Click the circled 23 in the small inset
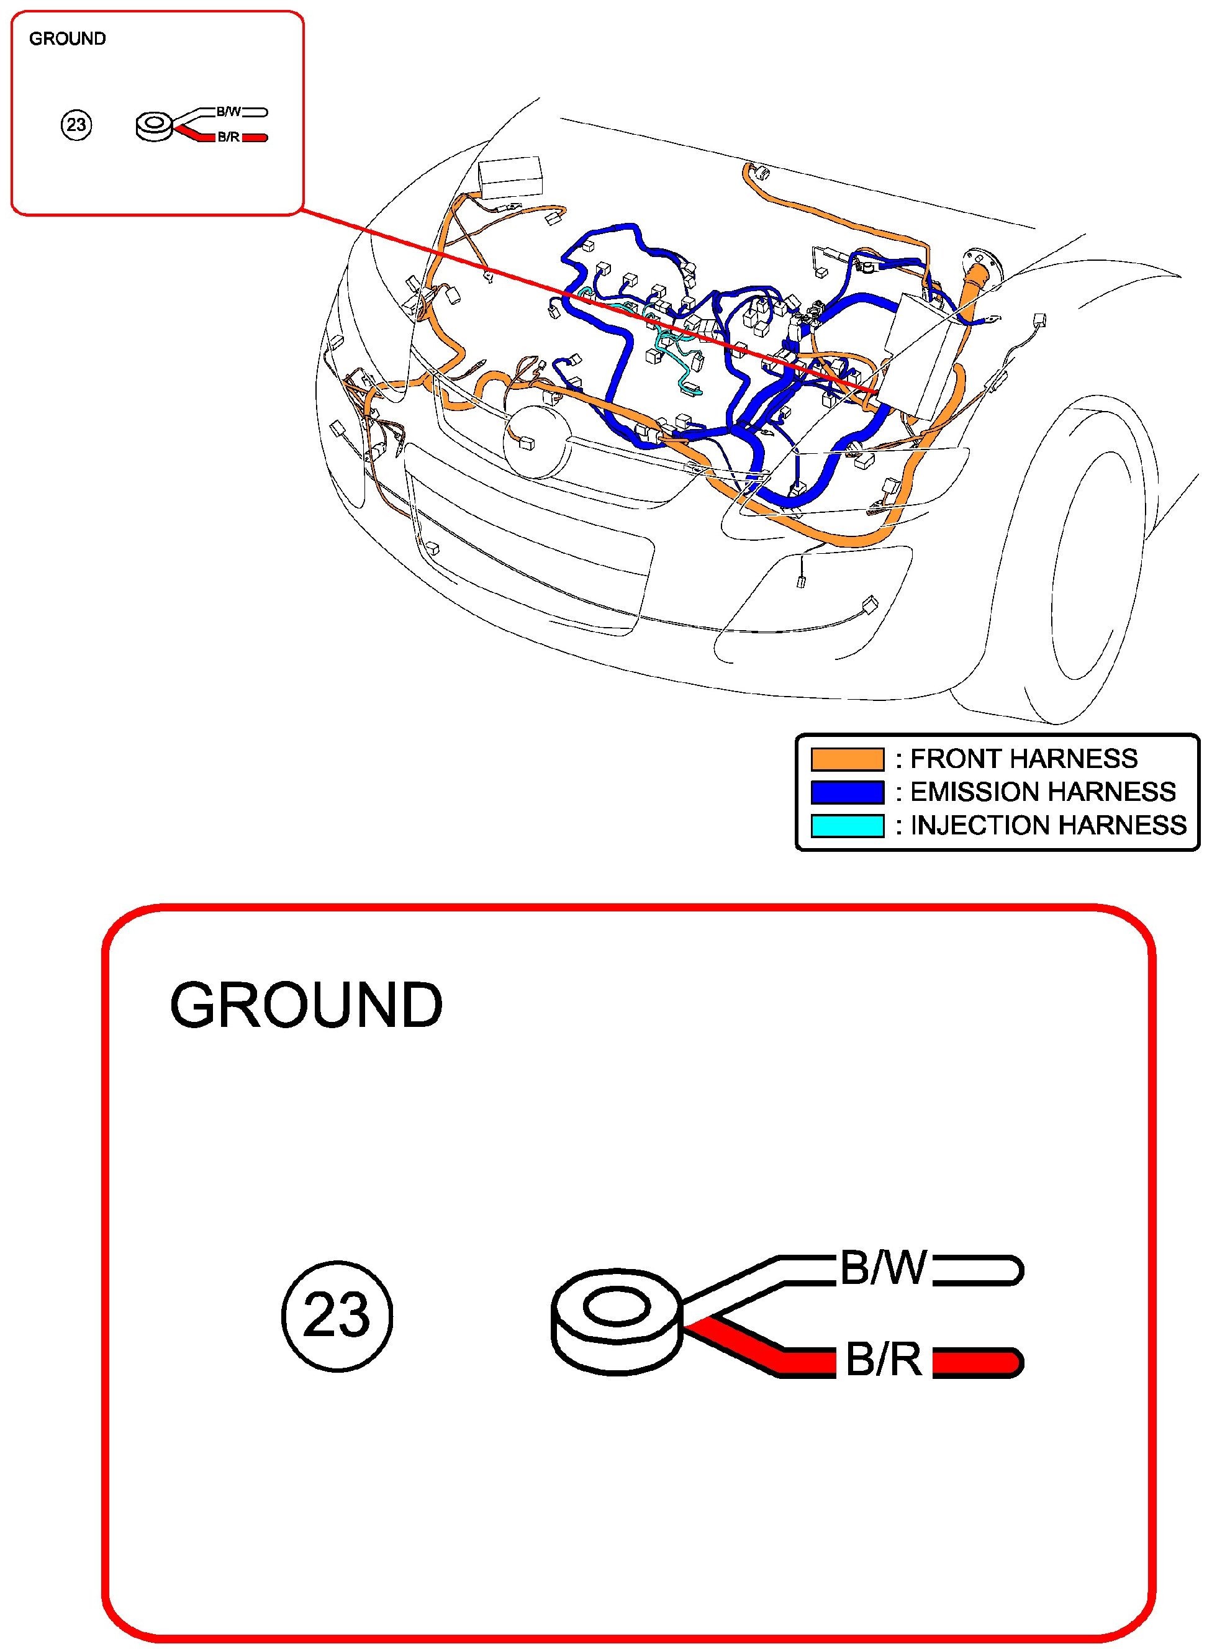[x=76, y=125]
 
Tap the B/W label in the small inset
[x=228, y=112]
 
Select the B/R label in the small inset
[x=228, y=137]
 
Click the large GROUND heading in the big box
[x=306, y=1005]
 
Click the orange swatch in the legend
[x=847, y=759]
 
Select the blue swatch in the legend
[x=847, y=792]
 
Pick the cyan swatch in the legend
[x=847, y=826]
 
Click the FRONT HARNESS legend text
[x=1023, y=759]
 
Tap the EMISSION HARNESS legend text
[x=1042, y=792]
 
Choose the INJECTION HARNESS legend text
[x=1047, y=826]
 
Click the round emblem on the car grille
[x=536, y=442]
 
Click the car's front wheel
[x=1100, y=572]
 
